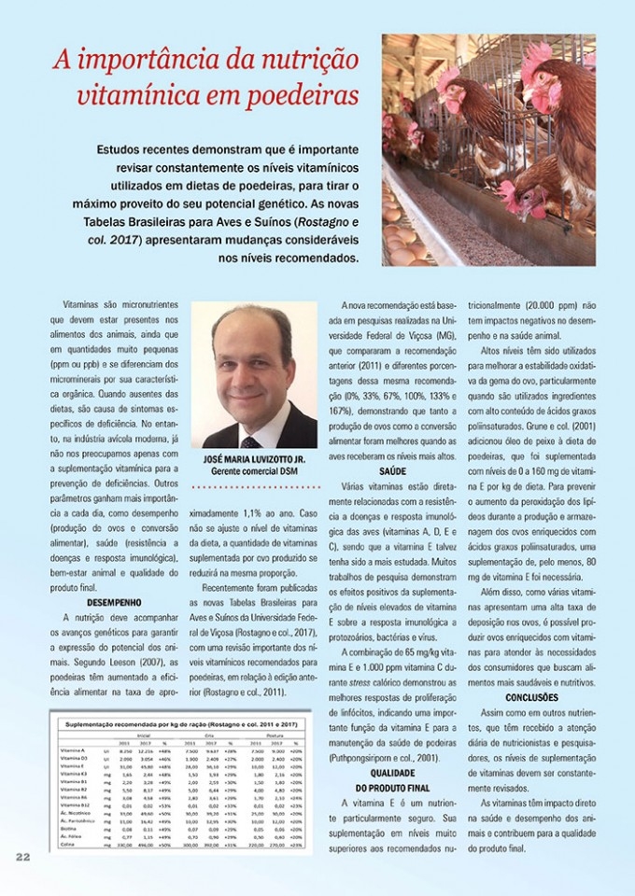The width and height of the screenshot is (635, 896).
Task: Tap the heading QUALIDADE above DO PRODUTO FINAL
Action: (392, 774)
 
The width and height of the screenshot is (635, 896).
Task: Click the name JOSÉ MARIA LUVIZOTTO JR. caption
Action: (254, 460)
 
